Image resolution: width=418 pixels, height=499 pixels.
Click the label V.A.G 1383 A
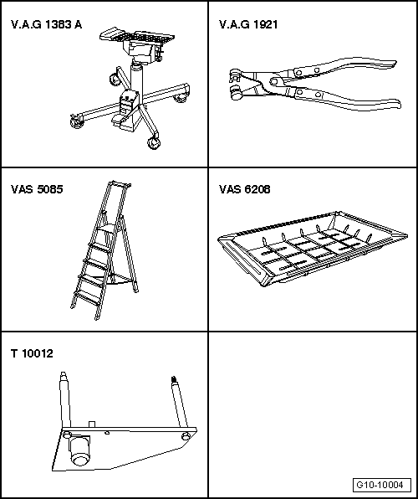(x=47, y=24)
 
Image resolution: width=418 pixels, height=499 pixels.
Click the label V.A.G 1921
(x=248, y=24)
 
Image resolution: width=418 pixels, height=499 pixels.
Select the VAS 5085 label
(x=37, y=189)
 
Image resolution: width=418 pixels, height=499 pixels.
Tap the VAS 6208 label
(x=244, y=189)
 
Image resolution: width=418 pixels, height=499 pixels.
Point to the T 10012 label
(x=32, y=353)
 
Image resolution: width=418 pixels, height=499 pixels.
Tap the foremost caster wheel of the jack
(x=153, y=142)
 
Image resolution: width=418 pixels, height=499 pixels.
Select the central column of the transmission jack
(x=136, y=78)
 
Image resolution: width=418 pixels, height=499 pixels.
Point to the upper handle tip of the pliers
(x=394, y=64)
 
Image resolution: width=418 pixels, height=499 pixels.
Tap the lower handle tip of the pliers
(x=397, y=105)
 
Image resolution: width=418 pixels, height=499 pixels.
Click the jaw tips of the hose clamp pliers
(x=235, y=84)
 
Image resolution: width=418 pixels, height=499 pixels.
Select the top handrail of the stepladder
(x=120, y=183)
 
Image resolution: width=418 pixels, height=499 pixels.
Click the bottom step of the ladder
(x=86, y=300)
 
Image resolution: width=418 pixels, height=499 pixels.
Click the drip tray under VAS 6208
(x=313, y=248)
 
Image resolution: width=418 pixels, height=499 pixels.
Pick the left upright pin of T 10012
(x=65, y=399)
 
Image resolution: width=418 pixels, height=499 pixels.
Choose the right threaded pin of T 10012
(x=179, y=402)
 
